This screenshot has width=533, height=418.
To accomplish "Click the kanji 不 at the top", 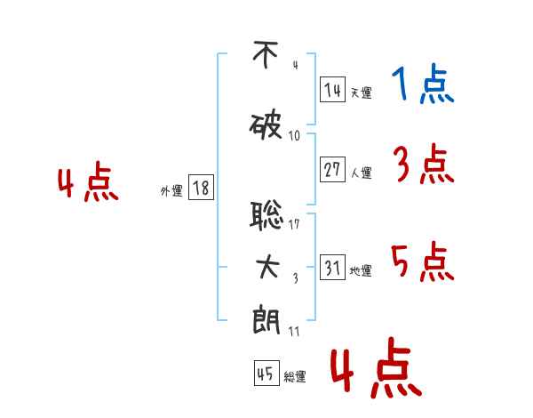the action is pyautogui.click(x=266, y=54).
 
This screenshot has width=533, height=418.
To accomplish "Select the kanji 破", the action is pyautogui.click(x=266, y=126).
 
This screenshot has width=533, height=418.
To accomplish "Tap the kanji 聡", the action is pyautogui.click(x=266, y=215).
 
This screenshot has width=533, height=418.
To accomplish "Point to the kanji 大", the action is pyautogui.click(x=267, y=267).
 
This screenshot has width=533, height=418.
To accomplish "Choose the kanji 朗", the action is pyautogui.click(x=266, y=320).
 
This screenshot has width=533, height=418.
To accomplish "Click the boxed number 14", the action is pyautogui.click(x=332, y=90).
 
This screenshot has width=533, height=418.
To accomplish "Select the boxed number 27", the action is pyautogui.click(x=332, y=169).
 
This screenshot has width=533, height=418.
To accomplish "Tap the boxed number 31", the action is pyautogui.click(x=332, y=267).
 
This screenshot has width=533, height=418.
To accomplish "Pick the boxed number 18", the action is pyautogui.click(x=201, y=188).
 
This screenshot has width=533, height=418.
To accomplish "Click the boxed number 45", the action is pyautogui.click(x=266, y=373).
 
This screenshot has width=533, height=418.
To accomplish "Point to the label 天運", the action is pyautogui.click(x=361, y=92).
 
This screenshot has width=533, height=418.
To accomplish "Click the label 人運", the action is pyautogui.click(x=361, y=173).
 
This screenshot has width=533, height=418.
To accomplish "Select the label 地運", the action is pyautogui.click(x=361, y=270).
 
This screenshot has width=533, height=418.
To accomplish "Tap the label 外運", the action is pyautogui.click(x=171, y=190).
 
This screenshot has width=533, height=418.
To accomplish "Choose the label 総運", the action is pyautogui.click(x=295, y=376).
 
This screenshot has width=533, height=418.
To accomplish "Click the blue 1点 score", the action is pyautogui.click(x=423, y=84).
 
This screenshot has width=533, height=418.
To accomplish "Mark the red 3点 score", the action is pyautogui.click(x=424, y=164).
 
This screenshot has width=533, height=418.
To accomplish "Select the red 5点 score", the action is pyautogui.click(x=423, y=261).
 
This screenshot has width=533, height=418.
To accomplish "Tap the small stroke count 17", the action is pyautogui.click(x=294, y=224).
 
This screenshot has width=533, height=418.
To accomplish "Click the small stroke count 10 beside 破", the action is pyautogui.click(x=294, y=136).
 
